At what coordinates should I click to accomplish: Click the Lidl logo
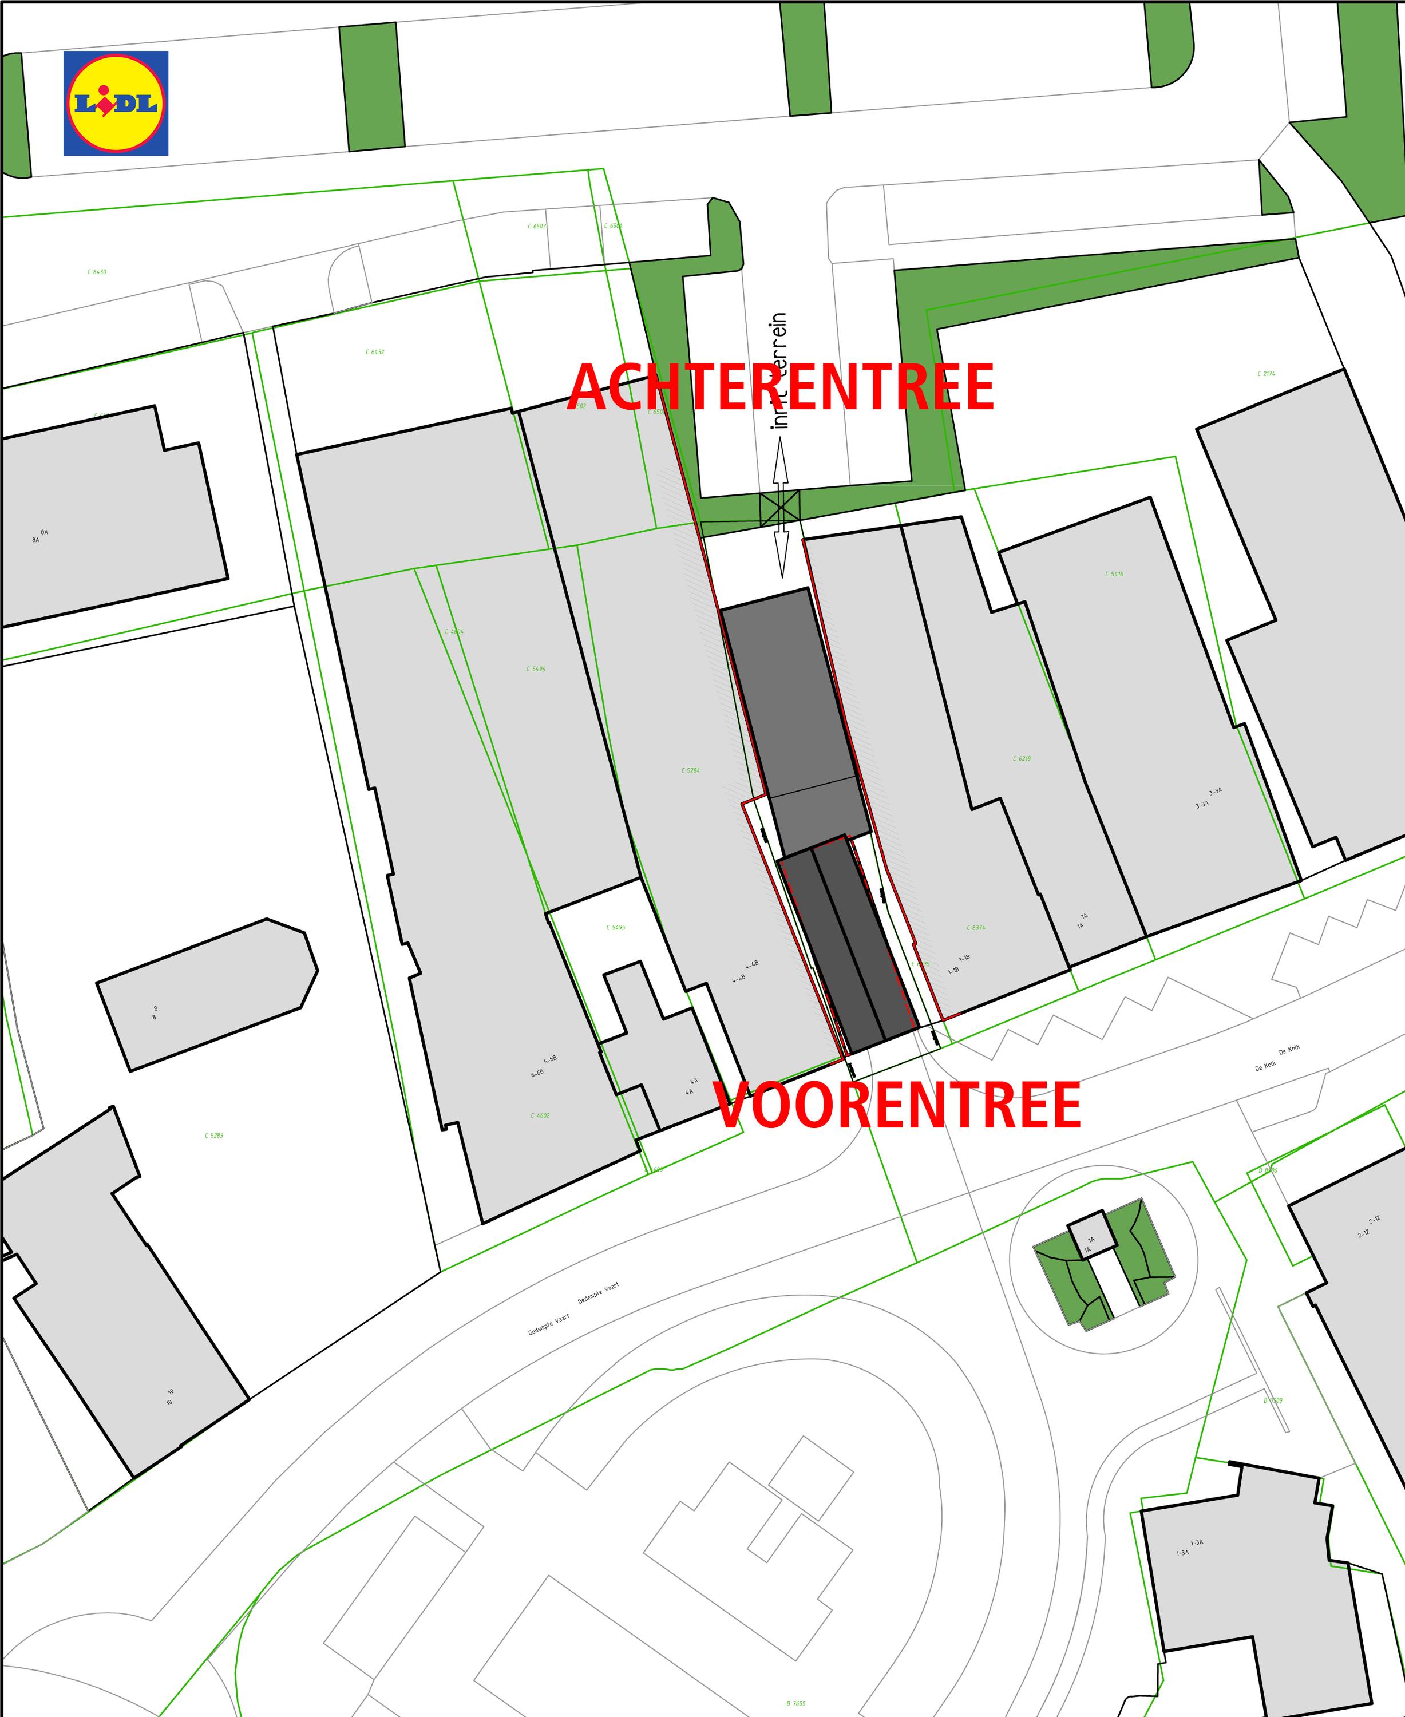(116, 103)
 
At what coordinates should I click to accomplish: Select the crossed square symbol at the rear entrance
(779, 508)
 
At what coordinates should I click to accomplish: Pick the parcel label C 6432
(375, 352)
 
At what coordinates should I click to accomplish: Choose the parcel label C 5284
(690, 771)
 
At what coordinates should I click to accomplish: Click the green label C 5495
(615, 928)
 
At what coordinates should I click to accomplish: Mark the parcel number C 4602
(540, 1115)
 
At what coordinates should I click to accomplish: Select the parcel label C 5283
(213, 1136)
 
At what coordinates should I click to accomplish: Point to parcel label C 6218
(1022, 758)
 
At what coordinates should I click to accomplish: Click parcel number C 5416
(1114, 574)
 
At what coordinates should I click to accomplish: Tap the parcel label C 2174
(1266, 374)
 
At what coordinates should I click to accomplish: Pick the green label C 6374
(975, 928)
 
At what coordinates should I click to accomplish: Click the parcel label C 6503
(537, 227)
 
